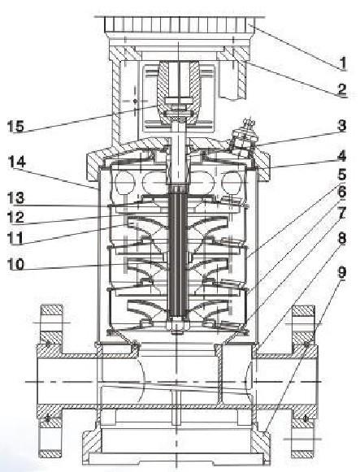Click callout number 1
point(342,63)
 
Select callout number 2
point(342,89)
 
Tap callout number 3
point(342,126)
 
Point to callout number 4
point(342,156)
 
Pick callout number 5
point(342,175)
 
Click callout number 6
point(342,193)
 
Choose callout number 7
point(342,214)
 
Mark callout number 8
point(342,238)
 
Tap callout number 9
point(342,272)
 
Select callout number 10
point(15,265)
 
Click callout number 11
point(15,238)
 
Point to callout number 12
point(15,218)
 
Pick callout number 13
point(15,198)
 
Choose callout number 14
point(17,162)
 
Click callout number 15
point(15,126)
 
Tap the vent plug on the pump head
point(245,135)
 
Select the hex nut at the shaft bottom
point(178,327)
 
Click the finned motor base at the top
point(180,24)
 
